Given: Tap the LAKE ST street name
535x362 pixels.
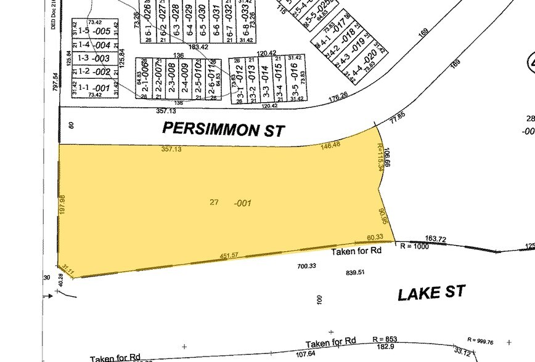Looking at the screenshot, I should pos(431,293).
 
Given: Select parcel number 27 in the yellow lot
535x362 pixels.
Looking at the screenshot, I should pos(214,202).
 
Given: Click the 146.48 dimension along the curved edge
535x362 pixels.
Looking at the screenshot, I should pos(331,146).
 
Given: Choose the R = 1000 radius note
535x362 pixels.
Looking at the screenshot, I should pos(414,245).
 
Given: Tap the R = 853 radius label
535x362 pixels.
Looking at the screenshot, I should pos(386,339).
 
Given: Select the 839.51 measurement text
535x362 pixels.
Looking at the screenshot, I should pos(356,272).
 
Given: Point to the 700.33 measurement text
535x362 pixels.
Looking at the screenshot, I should pos(306,266).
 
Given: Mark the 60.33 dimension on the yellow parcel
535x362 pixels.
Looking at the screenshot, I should pos(375,237).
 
